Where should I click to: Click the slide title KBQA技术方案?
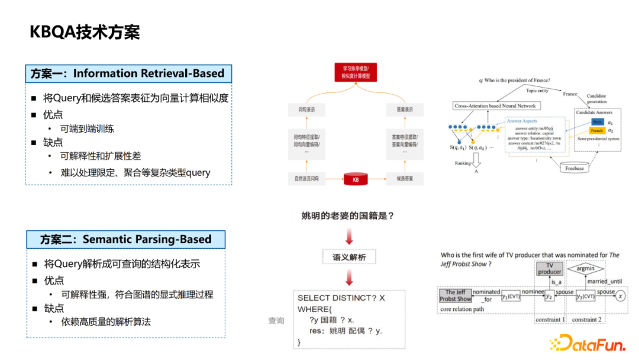pos(85,33)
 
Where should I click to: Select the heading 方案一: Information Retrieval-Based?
pos(128,74)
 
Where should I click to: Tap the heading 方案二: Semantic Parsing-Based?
pos(125,239)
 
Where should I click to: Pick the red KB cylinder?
pos(356,178)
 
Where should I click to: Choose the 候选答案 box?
pos(400,178)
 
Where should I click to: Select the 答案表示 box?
pos(400,110)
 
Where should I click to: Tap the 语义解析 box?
pos(349,257)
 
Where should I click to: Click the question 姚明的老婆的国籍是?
pos(348,216)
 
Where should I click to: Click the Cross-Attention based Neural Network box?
pos(496,106)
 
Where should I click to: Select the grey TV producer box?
pos(550,268)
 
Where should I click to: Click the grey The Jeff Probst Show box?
pos(455,295)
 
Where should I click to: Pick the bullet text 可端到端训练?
pos(87,128)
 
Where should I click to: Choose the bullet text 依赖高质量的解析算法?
pos(106,322)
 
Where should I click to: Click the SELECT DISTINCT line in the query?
pos(341,298)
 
